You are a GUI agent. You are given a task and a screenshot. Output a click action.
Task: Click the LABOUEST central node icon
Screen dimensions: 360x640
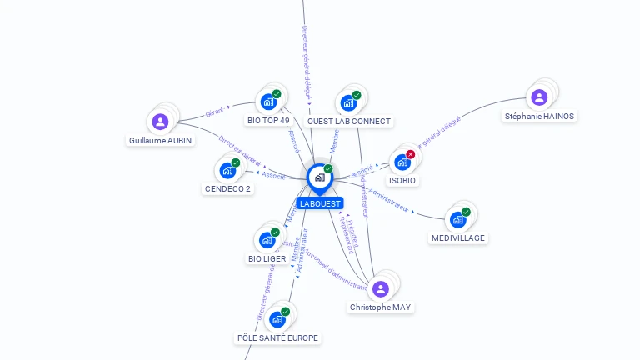click(x=318, y=177)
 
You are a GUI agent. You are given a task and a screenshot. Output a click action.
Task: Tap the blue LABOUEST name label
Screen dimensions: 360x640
click(x=319, y=203)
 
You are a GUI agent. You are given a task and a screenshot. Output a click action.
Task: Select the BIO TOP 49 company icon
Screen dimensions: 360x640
click(x=267, y=102)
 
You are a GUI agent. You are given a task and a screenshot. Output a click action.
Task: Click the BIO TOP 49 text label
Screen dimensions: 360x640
click(x=268, y=121)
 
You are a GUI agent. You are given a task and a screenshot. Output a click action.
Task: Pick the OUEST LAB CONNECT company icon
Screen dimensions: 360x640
click(x=347, y=103)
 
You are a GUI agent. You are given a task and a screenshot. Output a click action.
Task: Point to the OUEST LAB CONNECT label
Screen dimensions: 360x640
click(x=348, y=122)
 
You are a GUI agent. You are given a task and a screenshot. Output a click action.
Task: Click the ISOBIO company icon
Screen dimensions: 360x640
click(x=402, y=162)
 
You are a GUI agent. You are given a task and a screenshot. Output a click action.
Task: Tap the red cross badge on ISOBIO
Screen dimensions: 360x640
click(x=411, y=154)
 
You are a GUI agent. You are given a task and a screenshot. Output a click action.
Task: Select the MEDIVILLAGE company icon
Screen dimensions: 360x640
click(x=457, y=219)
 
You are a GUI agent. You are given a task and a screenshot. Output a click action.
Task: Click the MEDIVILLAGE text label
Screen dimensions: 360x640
click(x=458, y=238)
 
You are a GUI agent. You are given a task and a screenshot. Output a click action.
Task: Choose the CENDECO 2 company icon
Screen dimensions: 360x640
click(x=227, y=170)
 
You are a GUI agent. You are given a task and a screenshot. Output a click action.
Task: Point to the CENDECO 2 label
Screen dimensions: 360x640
click(x=227, y=188)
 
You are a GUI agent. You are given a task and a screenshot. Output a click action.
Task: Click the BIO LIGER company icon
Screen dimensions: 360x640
click(x=267, y=240)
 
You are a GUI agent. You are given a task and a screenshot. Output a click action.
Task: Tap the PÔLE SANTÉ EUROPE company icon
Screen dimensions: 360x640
click(x=277, y=318)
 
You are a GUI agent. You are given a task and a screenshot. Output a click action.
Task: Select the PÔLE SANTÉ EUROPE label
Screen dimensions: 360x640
click(x=277, y=337)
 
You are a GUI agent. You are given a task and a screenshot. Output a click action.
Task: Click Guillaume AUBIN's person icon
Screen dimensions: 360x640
click(x=161, y=122)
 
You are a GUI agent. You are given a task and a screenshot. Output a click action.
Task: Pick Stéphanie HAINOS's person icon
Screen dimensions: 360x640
click(x=539, y=97)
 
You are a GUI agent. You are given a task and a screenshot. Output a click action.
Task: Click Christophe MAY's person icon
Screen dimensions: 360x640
click(x=381, y=289)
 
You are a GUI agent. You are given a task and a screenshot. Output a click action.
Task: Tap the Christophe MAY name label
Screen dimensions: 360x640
click(x=381, y=307)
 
